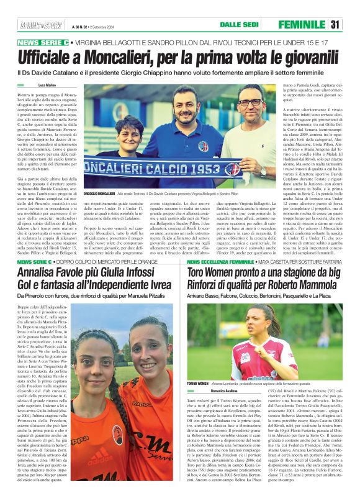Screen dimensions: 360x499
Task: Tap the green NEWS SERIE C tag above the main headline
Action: pos(43,42)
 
